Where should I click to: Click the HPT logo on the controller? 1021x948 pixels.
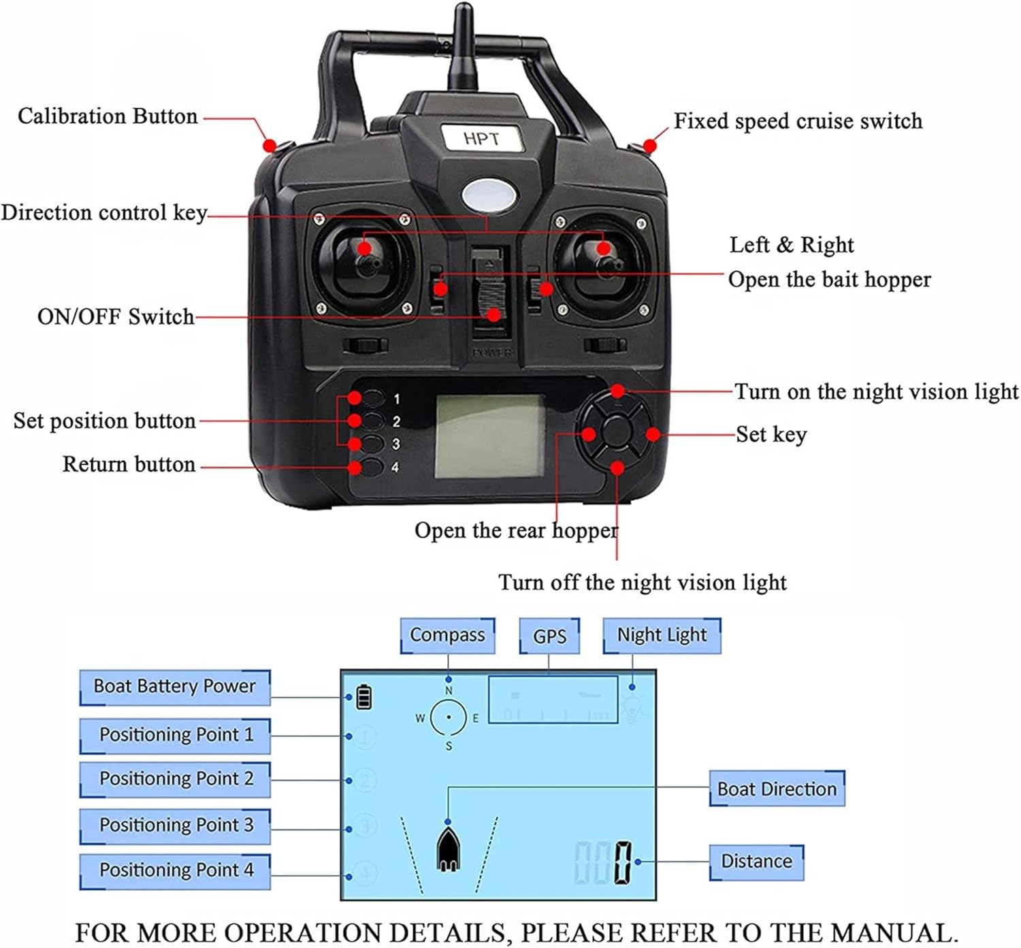(x=481, y=138)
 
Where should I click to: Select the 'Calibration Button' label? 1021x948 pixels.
(x=108, y=116)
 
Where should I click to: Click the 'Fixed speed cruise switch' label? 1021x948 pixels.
(x=798, y=121)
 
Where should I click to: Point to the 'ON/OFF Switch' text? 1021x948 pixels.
(x=116, y=316)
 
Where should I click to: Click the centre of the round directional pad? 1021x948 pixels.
(x=617, y=433)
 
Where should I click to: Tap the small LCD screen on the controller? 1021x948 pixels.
(x=489, y=436)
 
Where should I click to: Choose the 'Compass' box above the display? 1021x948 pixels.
(x=447, y=635)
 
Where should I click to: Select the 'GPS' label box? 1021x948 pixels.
(x=549, y=636)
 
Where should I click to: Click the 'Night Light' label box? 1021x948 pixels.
(x=662, y=635)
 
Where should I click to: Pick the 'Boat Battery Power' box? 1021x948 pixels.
(x=175, y=686)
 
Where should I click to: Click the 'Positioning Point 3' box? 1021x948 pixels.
(x=176, y=825)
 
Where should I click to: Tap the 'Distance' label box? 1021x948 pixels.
(x=756, y=862)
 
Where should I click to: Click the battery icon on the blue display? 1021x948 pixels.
(x=364, y=698)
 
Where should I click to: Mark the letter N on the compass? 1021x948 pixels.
(x=449, y=691)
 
